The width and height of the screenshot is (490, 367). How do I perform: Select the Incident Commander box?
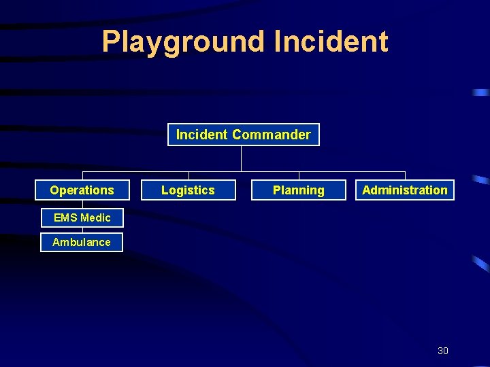[243, 135]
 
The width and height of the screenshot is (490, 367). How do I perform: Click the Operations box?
[82, 190]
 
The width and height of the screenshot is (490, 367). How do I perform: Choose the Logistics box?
[188, 190]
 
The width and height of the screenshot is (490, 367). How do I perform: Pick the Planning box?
[298, 190]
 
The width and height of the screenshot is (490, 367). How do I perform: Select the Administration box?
[405, 190]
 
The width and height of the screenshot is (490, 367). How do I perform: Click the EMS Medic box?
[82, 217]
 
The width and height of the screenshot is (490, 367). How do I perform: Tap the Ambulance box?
[82, 242]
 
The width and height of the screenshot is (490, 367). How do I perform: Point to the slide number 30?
[442, 351]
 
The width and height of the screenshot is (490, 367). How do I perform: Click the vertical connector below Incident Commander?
[241, 158]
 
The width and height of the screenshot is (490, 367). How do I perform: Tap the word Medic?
[95, 217]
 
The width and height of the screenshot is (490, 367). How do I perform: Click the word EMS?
[66, 217]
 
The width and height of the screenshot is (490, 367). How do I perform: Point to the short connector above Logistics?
[189, 175]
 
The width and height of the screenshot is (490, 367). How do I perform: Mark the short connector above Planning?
[299, 175]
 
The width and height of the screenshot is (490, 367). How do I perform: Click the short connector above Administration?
[405, 175]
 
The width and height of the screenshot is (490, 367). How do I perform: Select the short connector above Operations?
[83, 175]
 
